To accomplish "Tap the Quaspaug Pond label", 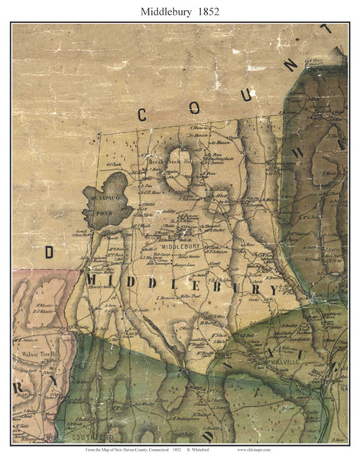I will coord(103,200).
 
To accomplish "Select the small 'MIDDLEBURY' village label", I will coord(180,246).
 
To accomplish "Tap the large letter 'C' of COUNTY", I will coord(142,115).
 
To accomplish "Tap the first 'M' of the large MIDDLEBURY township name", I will coord(92,281).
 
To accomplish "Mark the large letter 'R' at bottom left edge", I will coord(17,389).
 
